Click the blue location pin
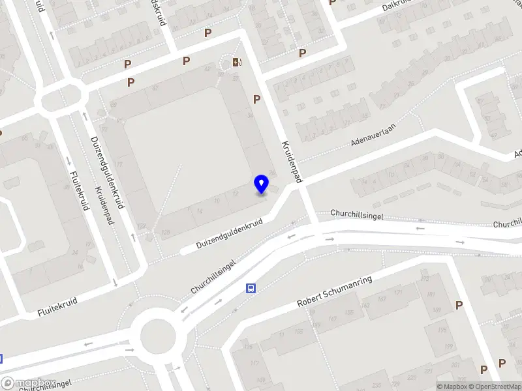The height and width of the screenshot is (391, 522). coord(261,184)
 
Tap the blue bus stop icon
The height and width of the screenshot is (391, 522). coord(251,289)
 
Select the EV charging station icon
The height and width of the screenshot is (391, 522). coord(236,63)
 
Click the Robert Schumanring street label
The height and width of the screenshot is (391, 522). coord(334,291)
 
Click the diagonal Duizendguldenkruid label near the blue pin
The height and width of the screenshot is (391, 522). coord(229,233)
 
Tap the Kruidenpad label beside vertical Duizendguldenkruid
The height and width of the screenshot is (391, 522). coord(105,206)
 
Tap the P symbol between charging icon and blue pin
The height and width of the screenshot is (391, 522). coord(257,99)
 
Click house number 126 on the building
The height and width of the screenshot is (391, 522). coord(165,232)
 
